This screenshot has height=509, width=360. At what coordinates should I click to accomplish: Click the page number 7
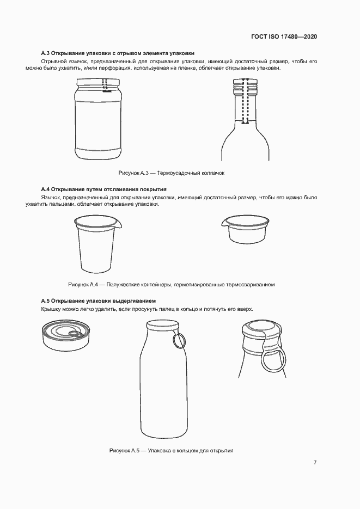click(x=315, y=462)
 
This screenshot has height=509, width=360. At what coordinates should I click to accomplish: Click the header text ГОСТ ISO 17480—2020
click(x=284, y=36)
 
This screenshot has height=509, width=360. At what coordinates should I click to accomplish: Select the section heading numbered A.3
click(x=118, y=53)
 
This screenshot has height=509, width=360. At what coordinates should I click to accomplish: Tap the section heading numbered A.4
click(x=104, y=189)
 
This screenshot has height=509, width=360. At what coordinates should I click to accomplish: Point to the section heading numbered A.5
click(x=101, y=301)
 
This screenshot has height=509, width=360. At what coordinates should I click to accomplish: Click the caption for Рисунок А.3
click(x=172, y=173)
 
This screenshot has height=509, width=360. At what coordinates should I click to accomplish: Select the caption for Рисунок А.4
click(x=172, y=285)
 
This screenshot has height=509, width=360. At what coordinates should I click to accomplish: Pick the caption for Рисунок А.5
click(x=172, y=451)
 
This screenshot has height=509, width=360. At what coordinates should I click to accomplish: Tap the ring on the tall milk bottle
click(x=179, y=341)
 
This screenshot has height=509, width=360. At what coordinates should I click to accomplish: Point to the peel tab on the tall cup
click(x=119, y=223)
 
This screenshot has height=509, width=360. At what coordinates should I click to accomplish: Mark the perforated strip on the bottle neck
click(x=246, y=101)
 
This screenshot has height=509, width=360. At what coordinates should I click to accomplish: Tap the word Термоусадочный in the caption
click(x=180, y=173)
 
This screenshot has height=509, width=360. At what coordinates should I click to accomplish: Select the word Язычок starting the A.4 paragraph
click(x=51, y=198)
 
